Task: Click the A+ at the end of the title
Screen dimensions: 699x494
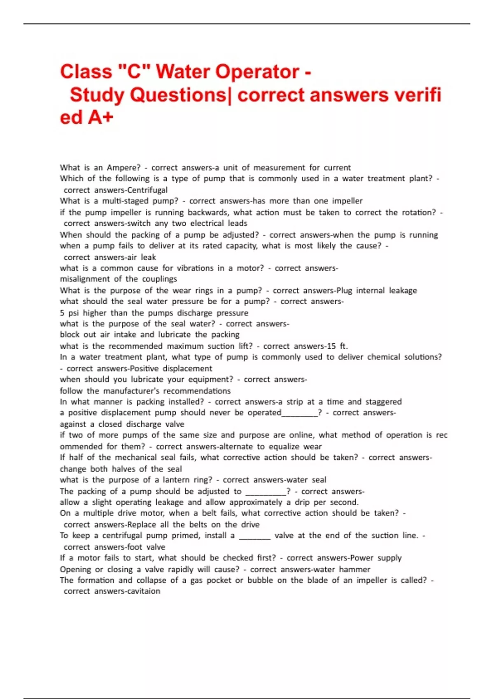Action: [x=100, y=118]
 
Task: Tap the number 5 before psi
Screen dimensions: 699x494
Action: [x=62, y=313]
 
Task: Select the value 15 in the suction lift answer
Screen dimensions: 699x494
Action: [x=331, y=346]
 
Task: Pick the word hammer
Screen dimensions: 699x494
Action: [x=354, y=569]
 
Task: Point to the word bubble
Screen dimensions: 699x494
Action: [x=259, y=580]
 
